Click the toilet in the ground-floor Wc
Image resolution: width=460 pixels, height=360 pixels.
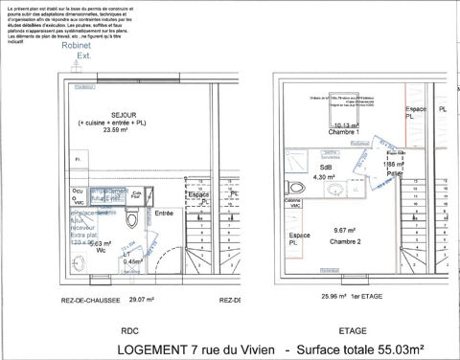click(142, 218)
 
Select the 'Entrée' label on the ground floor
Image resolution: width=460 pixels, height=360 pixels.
click(165, 213)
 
